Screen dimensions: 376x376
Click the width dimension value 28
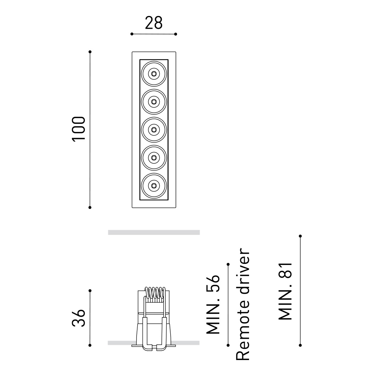(154, 23)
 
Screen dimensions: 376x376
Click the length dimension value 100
(79, 129)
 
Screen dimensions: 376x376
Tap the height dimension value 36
(79, 318)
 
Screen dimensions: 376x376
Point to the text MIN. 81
(285, 291)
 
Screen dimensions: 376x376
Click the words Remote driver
(243, 304)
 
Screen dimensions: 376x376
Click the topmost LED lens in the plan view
(154, 74)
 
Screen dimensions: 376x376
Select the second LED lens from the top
(154, 102)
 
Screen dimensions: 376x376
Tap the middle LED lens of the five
(154, 130)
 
